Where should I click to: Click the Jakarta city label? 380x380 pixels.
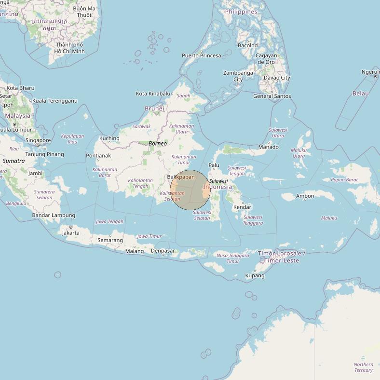[x=70, y=233]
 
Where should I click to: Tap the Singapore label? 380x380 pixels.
[x=38, y=140]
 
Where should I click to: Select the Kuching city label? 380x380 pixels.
[x=109, y=138]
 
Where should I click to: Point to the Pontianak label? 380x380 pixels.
[x=98, y=156]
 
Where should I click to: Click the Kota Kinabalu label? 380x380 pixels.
[x=153, y=94]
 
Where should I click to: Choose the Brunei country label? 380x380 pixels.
[x=154, y=109]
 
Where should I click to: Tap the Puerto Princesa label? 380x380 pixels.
[x=201, y=55]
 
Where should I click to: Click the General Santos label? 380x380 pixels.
[x=272, y=96]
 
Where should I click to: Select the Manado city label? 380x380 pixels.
[x=268, y=147]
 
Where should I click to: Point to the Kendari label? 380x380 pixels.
[x=243, y=207]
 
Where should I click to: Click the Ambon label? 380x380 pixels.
[x=305, y=196]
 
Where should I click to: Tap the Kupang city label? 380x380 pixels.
[x=255, y=276]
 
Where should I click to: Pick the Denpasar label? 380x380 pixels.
[x=163, y=251]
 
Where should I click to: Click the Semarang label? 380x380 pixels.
[x=110, y=240]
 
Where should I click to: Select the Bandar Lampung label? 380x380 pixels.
[x=54, y=215]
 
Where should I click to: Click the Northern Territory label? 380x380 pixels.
[x=363, y=367]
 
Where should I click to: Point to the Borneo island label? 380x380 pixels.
[x=158, y=144]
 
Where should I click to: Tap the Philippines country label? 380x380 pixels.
[x=241, y=12]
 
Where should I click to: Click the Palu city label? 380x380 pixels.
[x=214, y=165]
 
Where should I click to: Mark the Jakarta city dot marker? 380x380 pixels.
[x=71, y=227]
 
